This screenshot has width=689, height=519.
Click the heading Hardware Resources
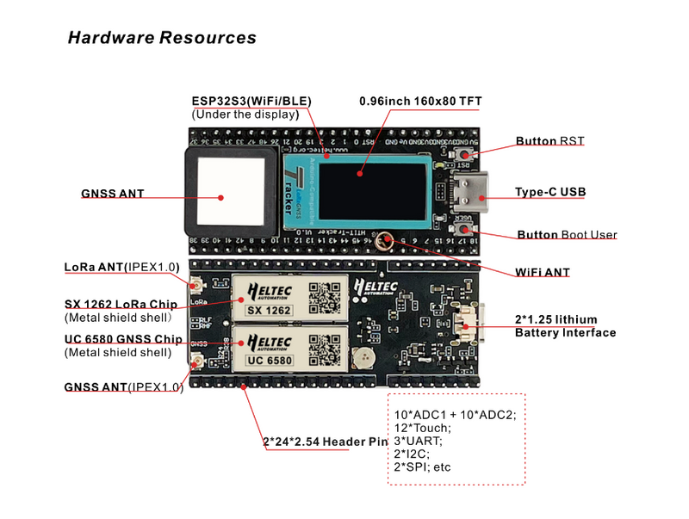pyautogui.click(x=162, y=38)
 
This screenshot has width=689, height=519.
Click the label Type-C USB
pyautogui.click(x=549, y=192)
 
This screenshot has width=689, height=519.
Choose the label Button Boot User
pyautogui.click(x=566, y=234)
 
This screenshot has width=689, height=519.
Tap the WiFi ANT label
pyautogui.click(x=543, y=272)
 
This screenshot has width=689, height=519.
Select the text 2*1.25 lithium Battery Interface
pyautogui.click(x=565, y=325)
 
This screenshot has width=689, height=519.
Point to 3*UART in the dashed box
pyautogui.click(x=419, y=441)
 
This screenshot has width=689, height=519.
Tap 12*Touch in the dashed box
pyautogui.click(x=423, y=428)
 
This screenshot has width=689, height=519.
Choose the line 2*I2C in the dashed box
pyautogui.click(x=413, y=454)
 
